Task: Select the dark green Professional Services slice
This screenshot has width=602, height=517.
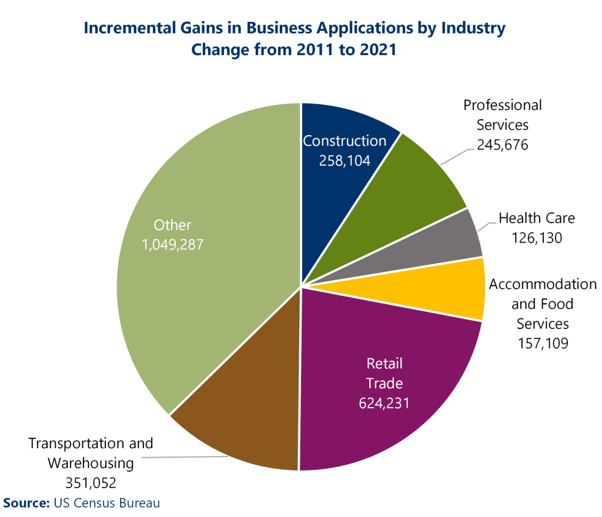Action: click(412, 188)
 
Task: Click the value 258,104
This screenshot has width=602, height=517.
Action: click(345, 160)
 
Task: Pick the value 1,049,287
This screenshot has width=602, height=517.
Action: click(172, 244)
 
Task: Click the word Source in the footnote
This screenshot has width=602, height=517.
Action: click(26, 503)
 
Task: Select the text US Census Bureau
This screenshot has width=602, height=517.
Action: click(106, 503)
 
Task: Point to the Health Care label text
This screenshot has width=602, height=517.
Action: click(537, 218)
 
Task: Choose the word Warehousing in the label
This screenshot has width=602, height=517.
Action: click(91, 463)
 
